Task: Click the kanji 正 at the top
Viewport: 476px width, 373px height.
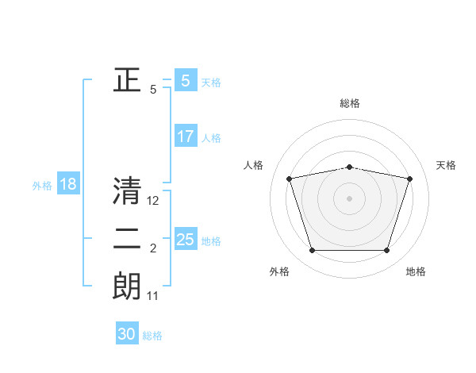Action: click(x=127, y=79)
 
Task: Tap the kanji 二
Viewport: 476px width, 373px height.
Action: click(x=127, y=239)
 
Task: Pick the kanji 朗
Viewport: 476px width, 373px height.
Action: click(x=127, y=286)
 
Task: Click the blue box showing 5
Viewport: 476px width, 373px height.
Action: click(x=185, y=81)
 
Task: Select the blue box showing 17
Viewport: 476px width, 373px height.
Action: click(x=185, y=137)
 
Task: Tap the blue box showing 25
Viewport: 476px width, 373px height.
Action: click(x=185, y=239)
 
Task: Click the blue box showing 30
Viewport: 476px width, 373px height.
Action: click(x=127, y=334)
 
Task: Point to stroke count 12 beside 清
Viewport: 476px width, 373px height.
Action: click(x=154, y=202)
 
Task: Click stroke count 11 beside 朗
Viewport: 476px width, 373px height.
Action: click(x=153, y=296)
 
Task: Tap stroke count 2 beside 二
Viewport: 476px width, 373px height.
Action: click(x=153, y=249)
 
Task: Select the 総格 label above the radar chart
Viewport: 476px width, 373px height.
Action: click(x=350, y=103)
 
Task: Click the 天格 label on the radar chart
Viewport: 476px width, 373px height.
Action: click(x=447, y=165)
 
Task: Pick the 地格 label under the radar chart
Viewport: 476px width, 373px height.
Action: click(x=416, y=271)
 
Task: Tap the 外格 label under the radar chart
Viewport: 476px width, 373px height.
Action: click(x=279, y=271)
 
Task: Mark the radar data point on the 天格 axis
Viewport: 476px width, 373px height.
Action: click(x=410, y=179)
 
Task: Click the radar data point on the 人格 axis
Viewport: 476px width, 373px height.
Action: click(x=290, y=179)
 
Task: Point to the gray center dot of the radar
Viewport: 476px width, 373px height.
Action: click(x=350, y=198)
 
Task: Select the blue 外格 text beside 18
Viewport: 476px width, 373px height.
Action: click(x=42, y=186)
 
